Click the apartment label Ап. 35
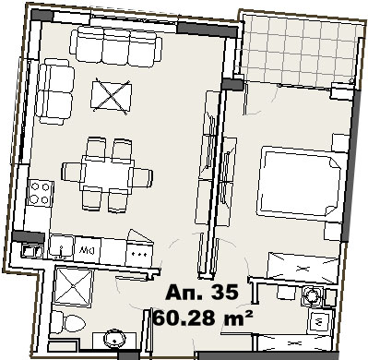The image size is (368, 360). coord(202,292)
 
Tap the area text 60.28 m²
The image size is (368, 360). coord(203,317)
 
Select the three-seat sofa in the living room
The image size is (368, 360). coord(116,46)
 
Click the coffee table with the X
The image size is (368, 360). coord(112,96)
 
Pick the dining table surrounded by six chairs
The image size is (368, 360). coord(107,174)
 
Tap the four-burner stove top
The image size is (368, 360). coord(40,193)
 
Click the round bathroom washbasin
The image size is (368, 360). coord(115,338)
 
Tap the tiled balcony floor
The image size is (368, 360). coord(300,49)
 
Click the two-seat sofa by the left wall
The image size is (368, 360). coord(55,91)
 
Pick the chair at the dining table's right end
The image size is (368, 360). coord(141,177)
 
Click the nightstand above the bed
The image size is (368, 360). coord(340,143)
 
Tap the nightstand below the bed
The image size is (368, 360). coord(333,232)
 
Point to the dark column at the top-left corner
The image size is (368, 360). coord(42,16)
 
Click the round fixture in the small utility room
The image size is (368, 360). coord(313,297)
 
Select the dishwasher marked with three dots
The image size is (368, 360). coord(139,254)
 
